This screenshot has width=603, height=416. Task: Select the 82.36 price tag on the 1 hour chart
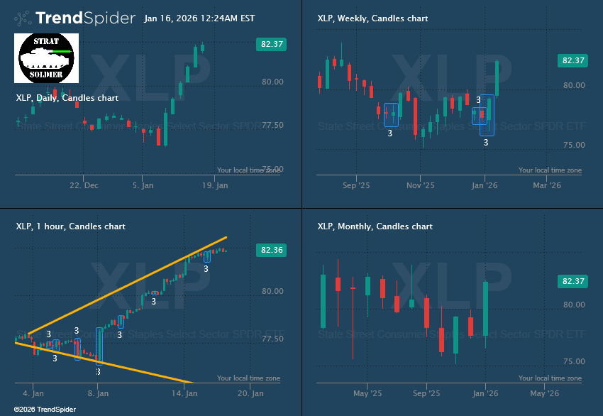tap(270, 250)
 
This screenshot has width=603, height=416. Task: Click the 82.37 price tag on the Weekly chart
tap(572, 60)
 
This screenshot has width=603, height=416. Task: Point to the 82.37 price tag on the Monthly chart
tap(572, 281)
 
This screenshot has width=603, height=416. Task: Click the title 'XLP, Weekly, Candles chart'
tap(372, 18)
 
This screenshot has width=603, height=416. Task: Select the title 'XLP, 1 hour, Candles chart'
tap(70, 226)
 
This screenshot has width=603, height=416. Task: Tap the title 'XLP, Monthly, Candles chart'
tap(375, 226)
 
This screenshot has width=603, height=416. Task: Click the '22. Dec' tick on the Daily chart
tap(84, 186)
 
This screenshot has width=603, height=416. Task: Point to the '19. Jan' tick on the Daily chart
tap(214, 186)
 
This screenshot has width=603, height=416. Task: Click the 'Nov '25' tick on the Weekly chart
tap(420, 186)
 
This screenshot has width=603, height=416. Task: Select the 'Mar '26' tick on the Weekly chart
tap(546, 186)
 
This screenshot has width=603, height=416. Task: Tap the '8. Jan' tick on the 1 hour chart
tap(98, 393)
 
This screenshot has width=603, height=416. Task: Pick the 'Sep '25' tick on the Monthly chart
tap(426, 393)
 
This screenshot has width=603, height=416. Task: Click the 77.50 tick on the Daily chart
tap(273, 125)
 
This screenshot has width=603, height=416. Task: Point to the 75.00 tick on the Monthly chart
tap(573, 361)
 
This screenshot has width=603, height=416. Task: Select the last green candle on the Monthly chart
tap(485, 309)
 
